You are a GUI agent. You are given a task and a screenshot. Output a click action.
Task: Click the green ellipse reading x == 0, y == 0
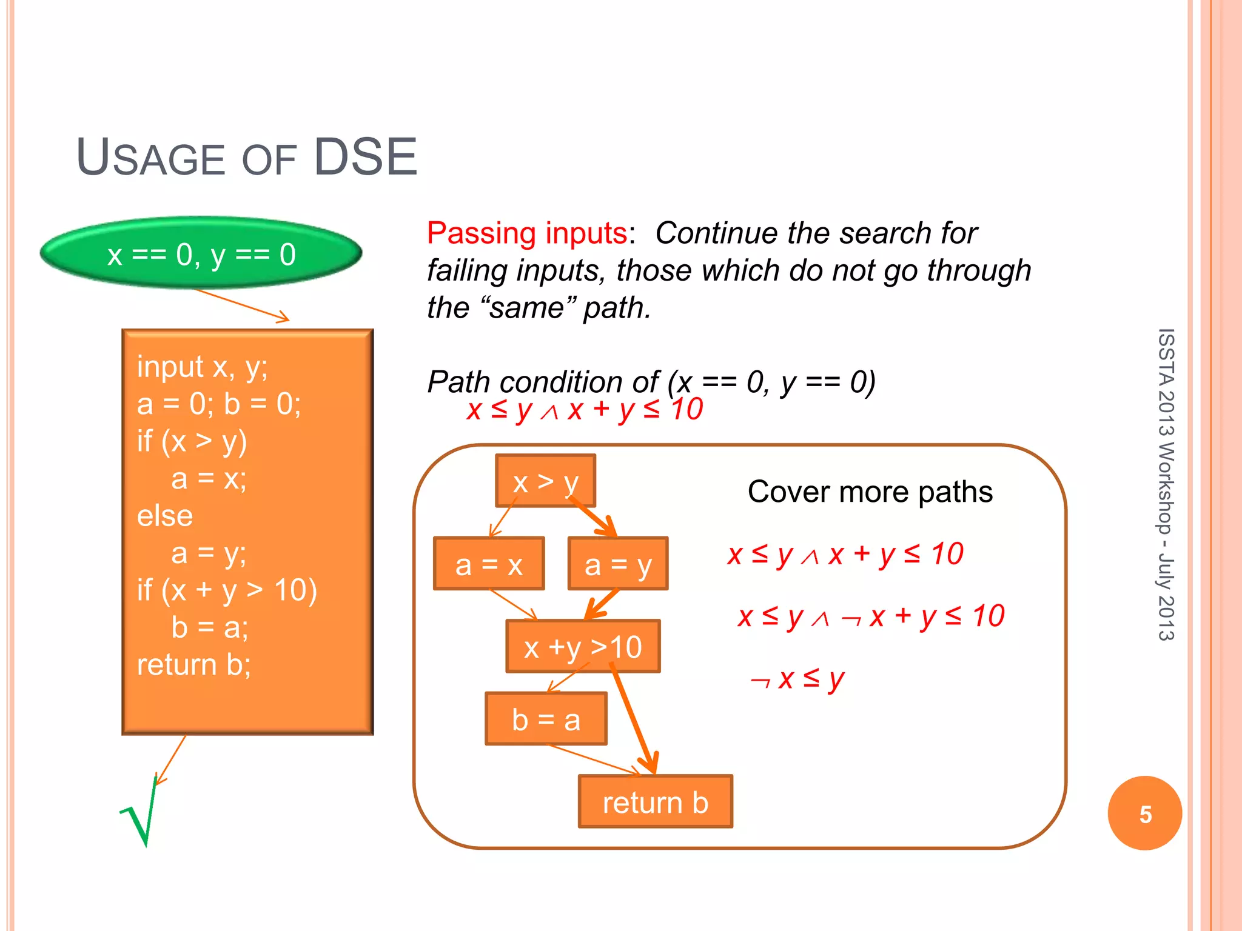(x=201, y=253)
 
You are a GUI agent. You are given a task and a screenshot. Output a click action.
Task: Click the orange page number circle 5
(x=1144, y=813)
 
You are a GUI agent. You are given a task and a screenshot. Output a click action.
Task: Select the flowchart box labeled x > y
(x=545, y=481)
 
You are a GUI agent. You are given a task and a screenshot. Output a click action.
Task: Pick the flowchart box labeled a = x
(x=489, y=564)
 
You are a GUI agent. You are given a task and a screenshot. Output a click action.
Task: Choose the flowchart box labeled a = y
(x=617, y=564)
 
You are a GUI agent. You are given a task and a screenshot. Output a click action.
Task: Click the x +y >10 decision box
(x=583, y=647)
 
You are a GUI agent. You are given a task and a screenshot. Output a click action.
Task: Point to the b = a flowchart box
(x=546, y=719)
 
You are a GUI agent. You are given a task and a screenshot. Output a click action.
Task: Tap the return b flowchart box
(x=655, y=802)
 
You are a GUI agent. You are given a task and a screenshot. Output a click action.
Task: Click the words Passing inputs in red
(x=526, y=233)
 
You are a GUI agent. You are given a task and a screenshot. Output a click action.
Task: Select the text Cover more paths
(x=870, y=492)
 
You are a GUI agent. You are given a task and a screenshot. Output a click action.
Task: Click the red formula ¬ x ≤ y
(x=797, y=679)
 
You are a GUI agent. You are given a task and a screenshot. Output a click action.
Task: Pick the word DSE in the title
(x=365, y=158)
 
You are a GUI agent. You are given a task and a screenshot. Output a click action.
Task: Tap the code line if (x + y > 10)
(x=227, y=590)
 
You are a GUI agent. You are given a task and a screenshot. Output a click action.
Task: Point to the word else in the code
(x=165, y=516)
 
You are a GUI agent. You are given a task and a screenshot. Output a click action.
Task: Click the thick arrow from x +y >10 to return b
(x=634, y=721)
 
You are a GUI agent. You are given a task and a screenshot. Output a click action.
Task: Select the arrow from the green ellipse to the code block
(x=243, y=305)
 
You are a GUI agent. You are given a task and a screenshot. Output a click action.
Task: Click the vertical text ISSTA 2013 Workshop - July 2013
(x=1165, y=485)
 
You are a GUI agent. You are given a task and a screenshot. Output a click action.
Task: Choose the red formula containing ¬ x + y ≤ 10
(x=871, y=617)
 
